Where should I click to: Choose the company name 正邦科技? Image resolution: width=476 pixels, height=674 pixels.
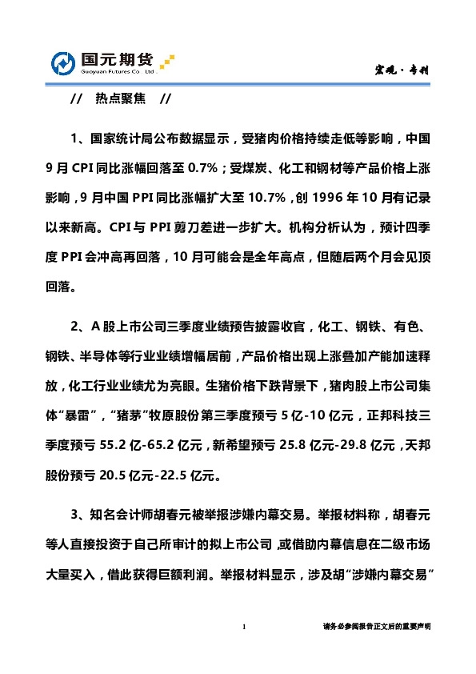[x=399, y=415]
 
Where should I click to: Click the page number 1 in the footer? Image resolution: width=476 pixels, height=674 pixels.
[x=243, y=627]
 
